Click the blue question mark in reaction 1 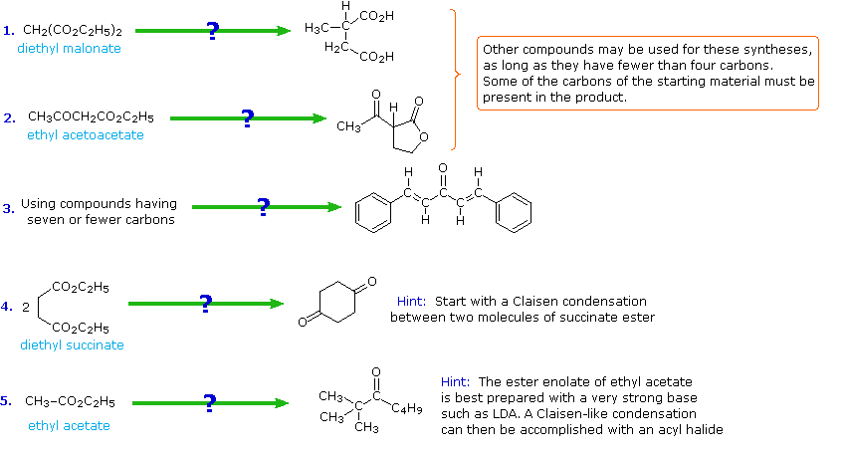click(x=212, y=31)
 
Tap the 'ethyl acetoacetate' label click(x=86, y=134)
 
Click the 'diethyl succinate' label click(x=72, y=344)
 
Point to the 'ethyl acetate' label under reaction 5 click(x=69, y=425)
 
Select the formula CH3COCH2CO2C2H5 click(x=91, y=116)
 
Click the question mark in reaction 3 click(x=263, y=207)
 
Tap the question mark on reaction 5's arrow click(x=209, y=402)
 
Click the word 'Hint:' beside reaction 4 click(x=412, y=301)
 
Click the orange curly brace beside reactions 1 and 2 click(x=456, y=74)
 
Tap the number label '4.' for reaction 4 click(x=7, y=307)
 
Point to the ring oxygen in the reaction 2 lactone click(x=425, y=138)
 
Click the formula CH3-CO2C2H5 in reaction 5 click(x=70, y=402)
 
